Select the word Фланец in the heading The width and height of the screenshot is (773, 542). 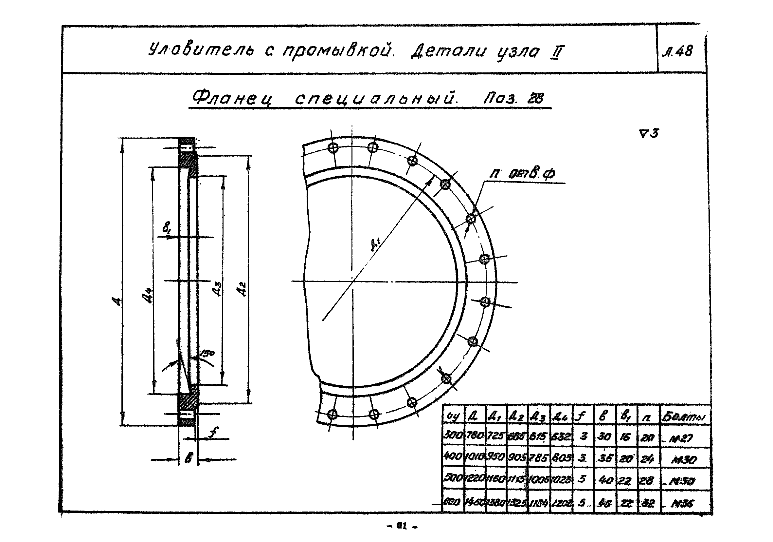coord(232,99)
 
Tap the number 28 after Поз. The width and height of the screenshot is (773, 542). coord(535,98)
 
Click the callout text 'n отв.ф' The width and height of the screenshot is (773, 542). coord(522,173)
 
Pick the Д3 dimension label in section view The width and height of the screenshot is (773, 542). coord(218,289)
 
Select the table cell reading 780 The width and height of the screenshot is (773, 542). coord(475,436)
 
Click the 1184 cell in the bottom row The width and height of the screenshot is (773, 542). coord(539,503)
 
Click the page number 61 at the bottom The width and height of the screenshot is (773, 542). coord(400,526)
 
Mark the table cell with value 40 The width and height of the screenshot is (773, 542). coord(605,480)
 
